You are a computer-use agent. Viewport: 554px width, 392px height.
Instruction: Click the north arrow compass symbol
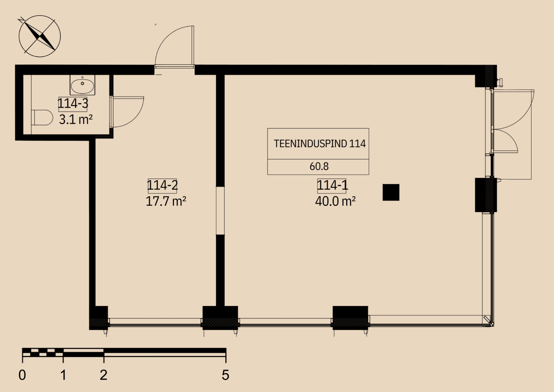(40, 36)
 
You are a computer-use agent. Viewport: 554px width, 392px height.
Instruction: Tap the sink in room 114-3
(82, 85)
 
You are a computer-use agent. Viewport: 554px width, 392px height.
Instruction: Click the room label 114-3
(73, 103)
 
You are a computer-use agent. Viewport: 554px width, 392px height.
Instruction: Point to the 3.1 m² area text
(76, 120)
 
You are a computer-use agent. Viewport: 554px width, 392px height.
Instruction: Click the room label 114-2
(162, 185)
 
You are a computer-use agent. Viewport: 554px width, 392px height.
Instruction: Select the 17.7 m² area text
(166, 201)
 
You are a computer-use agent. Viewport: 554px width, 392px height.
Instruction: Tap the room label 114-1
(333, 185)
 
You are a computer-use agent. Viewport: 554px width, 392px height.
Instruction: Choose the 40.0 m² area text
(335, 201)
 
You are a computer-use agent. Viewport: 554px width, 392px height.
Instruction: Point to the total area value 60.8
(319, 166)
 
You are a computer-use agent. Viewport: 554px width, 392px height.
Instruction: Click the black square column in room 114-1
(391, 192)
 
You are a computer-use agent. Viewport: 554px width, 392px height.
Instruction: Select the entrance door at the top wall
(174, 46)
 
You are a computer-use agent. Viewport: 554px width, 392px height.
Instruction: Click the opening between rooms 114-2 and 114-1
(220, 210)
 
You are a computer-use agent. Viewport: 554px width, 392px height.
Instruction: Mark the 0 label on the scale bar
(22, 375)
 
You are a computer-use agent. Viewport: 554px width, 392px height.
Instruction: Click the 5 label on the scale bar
(225, 375)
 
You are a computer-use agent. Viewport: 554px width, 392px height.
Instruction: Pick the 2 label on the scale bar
(104, 375)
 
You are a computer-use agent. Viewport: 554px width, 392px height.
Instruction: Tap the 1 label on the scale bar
(63, 375)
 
